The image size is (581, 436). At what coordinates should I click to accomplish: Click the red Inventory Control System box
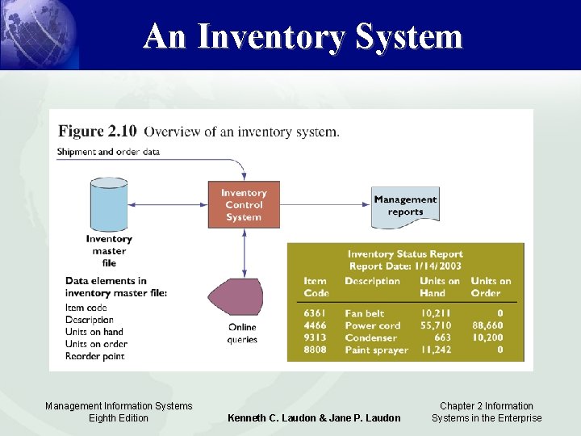pos(244,205)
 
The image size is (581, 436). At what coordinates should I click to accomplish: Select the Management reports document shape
pos(405,207)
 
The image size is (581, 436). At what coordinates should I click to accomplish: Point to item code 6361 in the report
pos(316,313)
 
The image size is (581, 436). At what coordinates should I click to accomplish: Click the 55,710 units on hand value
pos(436,325)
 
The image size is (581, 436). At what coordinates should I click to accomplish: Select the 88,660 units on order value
pos(487,325)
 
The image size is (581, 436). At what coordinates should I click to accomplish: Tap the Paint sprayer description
pos(376,350)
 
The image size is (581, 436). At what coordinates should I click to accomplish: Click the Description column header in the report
pos(372,281)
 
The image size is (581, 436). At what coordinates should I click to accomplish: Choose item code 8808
pos(316,350)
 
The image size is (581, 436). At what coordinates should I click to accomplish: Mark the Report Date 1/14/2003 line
pos(405,266)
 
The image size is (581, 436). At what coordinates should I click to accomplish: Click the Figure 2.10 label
pos(97,131)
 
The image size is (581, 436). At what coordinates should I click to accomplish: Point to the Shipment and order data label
pos(108,151)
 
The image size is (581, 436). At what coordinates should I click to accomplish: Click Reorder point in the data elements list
pos(96,356)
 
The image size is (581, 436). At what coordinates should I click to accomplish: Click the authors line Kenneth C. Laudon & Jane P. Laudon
pos(314,417)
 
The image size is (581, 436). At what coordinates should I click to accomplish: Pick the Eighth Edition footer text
pos(119,417)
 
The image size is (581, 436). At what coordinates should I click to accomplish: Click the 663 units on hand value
pos(441,337)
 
